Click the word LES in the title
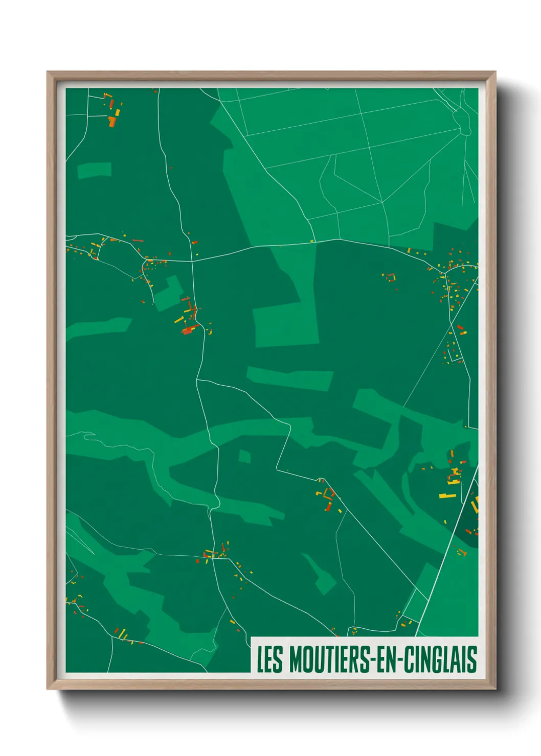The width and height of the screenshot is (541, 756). click(269, 659)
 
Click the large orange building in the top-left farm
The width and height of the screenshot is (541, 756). click(112, 121)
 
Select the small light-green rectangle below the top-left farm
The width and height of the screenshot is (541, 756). click(94, 170)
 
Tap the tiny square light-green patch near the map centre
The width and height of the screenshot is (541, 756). click(245, 456)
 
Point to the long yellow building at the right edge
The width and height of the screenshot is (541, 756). click(447, 495)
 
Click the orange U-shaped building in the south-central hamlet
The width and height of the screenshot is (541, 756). click(328, 493)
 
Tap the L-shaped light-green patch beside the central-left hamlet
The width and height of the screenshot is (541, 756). click(169, 294)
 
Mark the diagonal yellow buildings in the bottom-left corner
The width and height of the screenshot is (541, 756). click(123, 635)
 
